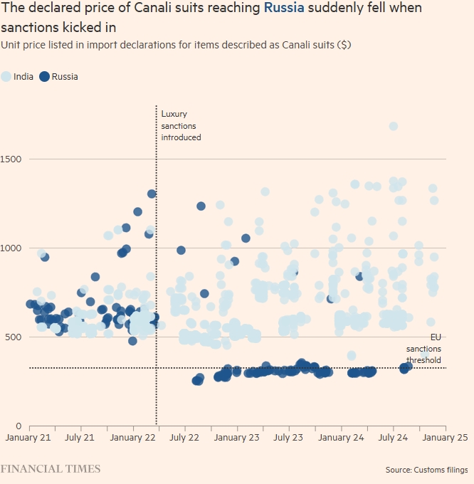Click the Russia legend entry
coord(64,77)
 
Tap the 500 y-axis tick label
coord(9,337)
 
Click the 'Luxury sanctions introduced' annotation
coord(181,125)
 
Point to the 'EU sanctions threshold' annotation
coord(424,349)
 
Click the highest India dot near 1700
coord(393,126)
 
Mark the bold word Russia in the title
coord(287,9)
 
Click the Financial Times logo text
coord(51,469)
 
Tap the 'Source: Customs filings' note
coord(426,470)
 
